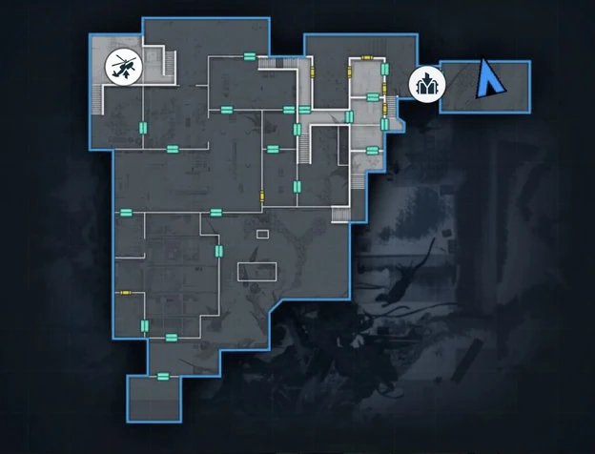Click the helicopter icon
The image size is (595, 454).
pyautogui.click(x=121, y=67)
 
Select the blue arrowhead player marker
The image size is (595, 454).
pyautogui.click(x=491, y=77)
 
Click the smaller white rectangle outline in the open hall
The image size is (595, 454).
pyautogui.click(x=263, y=234)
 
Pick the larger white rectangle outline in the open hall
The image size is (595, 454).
pyautogui.click(x=256, y=272)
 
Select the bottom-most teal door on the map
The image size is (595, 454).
pyautogui.click(x=163, y=376)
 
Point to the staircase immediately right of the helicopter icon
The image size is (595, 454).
pyautogui.click(x=169, y=66)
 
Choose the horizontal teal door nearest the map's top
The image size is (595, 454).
pyautogui.click(x=249, y=57)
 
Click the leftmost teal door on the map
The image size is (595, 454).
pyautogui.click(x=123, y=211)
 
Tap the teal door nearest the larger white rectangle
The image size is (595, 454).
pyautogui.click(x=219, y=251)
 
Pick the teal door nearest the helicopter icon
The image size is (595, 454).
pyautogui.click(x=144, y=128)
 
